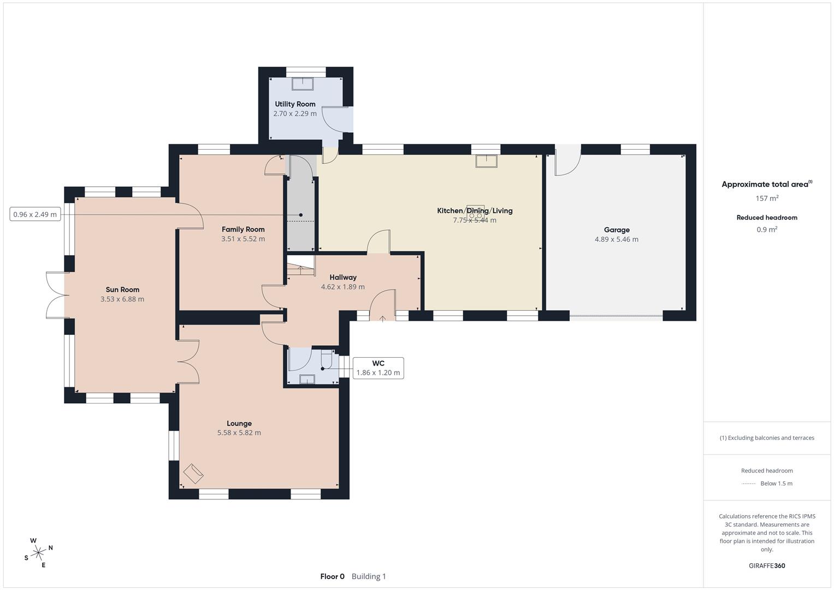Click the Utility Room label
click(x=295, y=104)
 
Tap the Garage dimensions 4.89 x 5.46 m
click(x=617, y=239)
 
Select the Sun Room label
click(x=122, y=290)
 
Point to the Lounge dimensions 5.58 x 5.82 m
click(x=239, y=433)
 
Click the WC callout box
click(x=378, y=368)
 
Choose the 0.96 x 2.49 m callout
click(x=35, y=214)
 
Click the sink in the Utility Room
click(x=303, y=84)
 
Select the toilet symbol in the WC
click(x=327, y=358)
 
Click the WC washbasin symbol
click(x=307, y=379)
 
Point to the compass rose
click(x=38, y=553)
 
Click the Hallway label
click(x=343, y=277)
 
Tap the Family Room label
click(x=243, y=229)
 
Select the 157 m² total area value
click(x=767, y=198)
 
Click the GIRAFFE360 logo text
click(x=767, y=565)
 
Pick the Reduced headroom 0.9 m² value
click(x=767, y=229)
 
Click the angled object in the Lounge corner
click(x=193, y=474)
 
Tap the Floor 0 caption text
click(x=333, y=576)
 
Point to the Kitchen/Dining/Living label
click(x=475, y=210)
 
